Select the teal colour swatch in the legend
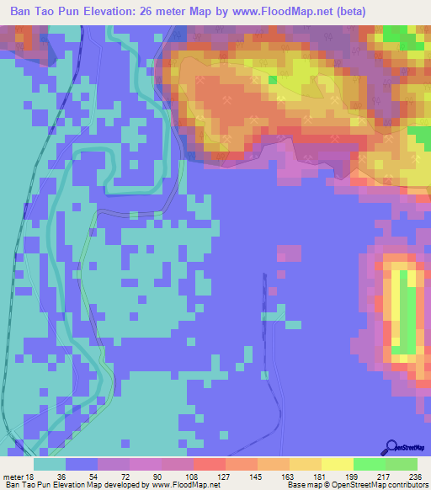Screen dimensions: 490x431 click(x=50, y=464)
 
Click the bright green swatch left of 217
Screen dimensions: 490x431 click(x=370, y=464)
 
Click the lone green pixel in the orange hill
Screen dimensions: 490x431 click(x=273, y=80)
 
